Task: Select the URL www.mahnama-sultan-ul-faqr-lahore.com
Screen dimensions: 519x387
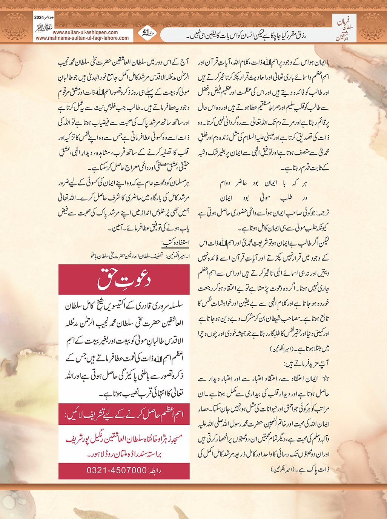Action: [x=82, y=38]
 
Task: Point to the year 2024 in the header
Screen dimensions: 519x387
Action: [x=39, y=17]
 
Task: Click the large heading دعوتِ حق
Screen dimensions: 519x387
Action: [x=124, y=279]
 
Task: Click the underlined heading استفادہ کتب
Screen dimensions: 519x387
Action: [x=175, y=242]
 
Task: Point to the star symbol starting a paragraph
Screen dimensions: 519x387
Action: [x=326, y=378]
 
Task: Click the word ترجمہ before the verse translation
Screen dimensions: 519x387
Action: [x=322, y=213]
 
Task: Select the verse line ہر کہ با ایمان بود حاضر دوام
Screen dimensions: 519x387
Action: [x=263, y=184]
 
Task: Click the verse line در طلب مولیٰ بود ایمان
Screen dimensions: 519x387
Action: [x=263, y=198]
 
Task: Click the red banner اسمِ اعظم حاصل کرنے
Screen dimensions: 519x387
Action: [x=124, y=414]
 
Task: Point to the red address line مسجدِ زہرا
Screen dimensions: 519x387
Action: [x=124, y=439]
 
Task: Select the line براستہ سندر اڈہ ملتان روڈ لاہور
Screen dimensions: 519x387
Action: [x=124, y=454]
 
